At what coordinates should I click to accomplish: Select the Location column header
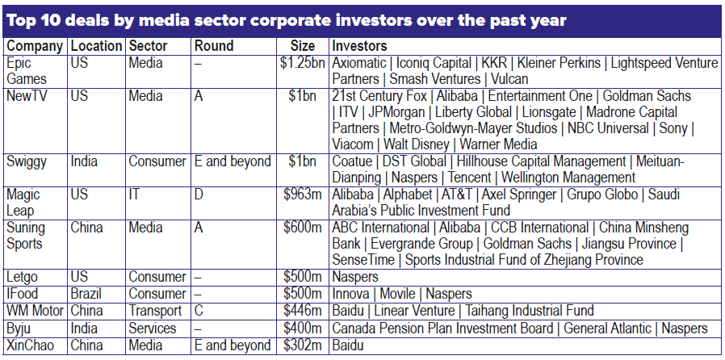point(97,46)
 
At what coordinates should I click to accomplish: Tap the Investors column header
point(359,46)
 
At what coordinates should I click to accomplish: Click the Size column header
point(304,46)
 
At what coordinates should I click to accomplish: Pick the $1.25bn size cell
point(300,63)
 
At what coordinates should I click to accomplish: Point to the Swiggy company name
point(27,161)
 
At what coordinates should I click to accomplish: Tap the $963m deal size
point(303,195)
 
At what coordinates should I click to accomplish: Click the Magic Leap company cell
point(23,203)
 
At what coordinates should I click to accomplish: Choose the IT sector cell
point(134,195)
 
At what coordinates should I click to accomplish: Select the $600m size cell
point(303,228)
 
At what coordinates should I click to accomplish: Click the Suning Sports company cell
point(26,236)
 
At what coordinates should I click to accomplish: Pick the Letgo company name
point(22,277)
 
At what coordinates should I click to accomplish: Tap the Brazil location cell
point(87,294)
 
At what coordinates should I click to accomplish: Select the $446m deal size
point(303,311)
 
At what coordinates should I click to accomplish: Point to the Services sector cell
point(152,329)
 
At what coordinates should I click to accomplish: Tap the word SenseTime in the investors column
point(363,260)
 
